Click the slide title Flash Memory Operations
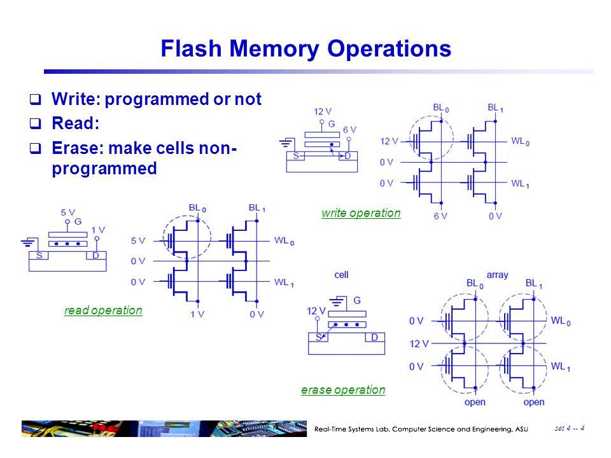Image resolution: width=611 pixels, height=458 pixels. (x=305, y=49)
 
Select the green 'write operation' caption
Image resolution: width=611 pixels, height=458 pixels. (x=361, y=213)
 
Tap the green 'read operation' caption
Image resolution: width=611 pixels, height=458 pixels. (x=103, y=310)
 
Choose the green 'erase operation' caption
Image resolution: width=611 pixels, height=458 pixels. (x=343, y=390)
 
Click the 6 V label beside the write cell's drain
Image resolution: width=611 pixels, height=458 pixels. (x=349, y=129)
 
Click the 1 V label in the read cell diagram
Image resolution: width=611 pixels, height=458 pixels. (x=98, y=230)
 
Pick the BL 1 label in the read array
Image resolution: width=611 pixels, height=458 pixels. (x=257, y=208)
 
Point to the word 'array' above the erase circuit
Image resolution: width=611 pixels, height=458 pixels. (x=497, y=275)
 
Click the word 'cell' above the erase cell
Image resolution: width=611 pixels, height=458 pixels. (x=341, y=275)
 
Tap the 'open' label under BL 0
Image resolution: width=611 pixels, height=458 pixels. (x=475, y=402)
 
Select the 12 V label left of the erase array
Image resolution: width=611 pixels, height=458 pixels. (x=419, y=343)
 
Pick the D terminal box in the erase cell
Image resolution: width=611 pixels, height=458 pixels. (x=374, y=337)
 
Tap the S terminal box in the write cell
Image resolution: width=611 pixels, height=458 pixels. (x=295, y=156)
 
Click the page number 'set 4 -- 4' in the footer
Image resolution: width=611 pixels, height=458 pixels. (x=570, y=427)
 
